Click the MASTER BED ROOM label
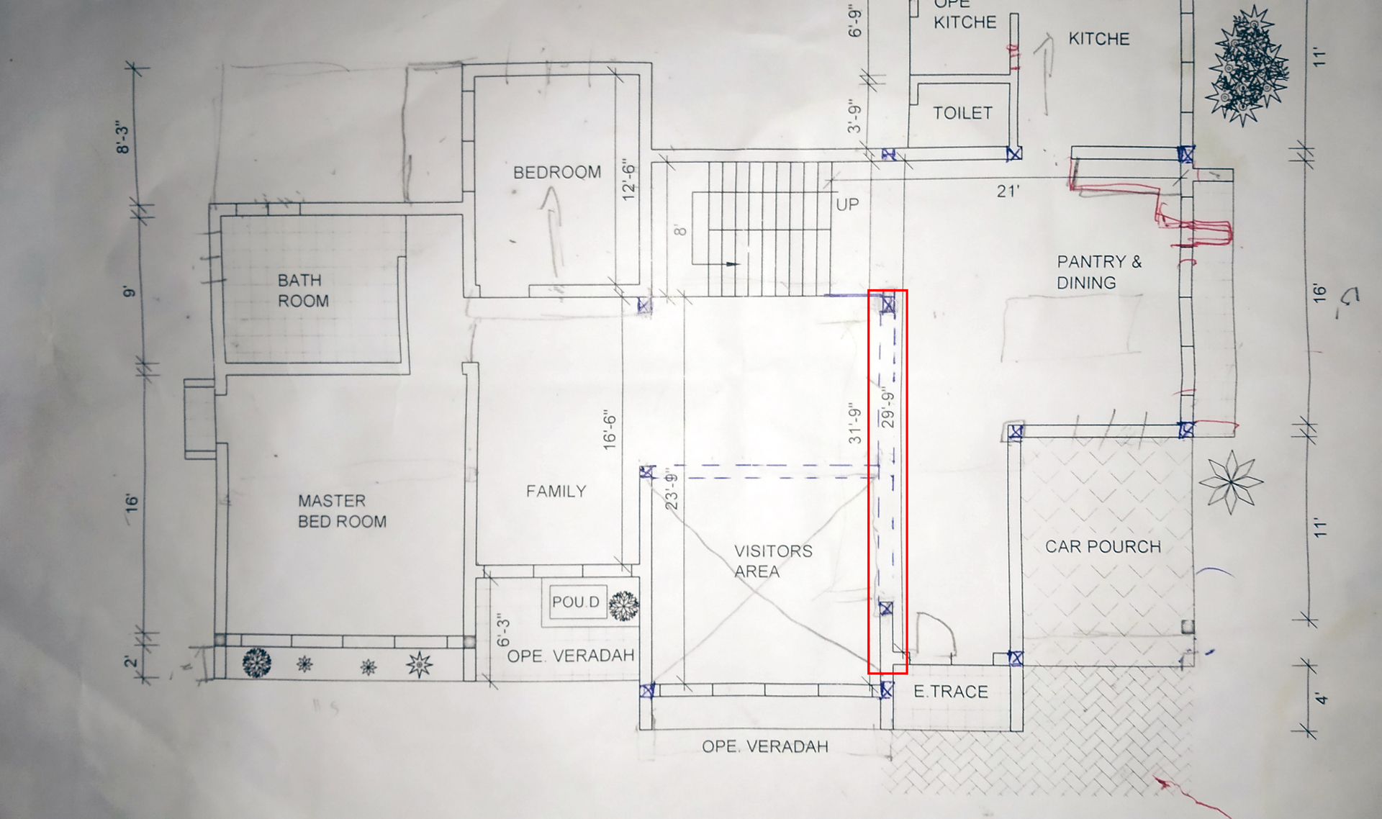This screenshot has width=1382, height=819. pyautogui.click(x=342, y=511)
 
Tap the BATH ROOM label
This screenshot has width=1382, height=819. pyautogui.click(x=303, y=291)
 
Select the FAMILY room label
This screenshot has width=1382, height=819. pyautogui.click(x=556, y=492)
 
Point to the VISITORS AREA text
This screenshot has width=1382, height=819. pyautogui.click(x=773, y=561)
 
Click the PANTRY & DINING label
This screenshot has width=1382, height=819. pyautogui.click(x=1099, y=272)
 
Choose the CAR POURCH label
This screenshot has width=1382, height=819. pyautogui.click(x=1103, y=547)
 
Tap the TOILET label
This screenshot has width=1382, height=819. pyautogui.click(x=962, y=113)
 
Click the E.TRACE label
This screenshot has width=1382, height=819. pyautogui.click(x=951, y=692)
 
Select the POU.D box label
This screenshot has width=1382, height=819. pyautogui.click(x=575, y=602)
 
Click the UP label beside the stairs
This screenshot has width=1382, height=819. pyautogui.click(x=847, y=204)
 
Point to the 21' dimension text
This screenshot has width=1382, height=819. pyautogui.click(x=1008, y=191)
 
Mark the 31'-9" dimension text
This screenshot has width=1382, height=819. pyautogui.click(x=854, y=422)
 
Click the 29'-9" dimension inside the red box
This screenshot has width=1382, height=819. pyautogui.click(x=888, y=409)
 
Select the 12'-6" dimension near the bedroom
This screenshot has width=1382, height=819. pyautogui.click(x=628, y=180)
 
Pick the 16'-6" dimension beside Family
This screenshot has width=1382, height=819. pyautogui.click(x=610, y=430)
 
